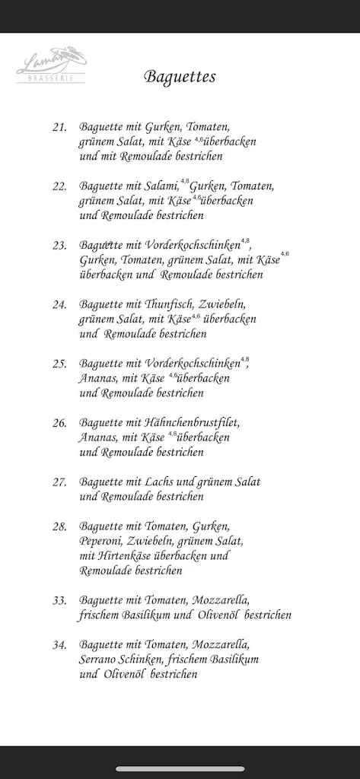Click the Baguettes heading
180,77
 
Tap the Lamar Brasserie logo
51,65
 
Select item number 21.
59,127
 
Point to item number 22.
59,186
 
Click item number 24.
59,304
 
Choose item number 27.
59,482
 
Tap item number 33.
59,600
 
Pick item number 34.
59,644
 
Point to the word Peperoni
101,541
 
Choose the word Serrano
100,660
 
